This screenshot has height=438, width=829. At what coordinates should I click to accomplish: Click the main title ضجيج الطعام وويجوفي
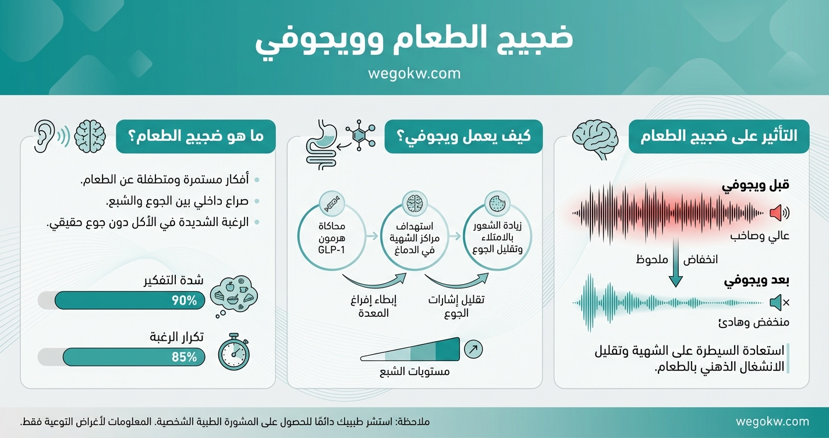coord(414,40)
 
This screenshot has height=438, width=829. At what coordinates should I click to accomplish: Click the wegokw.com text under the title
coord(414,74)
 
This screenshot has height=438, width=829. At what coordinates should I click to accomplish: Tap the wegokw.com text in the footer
coord(772,422)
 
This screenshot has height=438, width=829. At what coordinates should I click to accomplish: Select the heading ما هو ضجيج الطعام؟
coord(196,137)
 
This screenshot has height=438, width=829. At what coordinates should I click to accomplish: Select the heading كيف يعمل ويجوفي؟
coord(463,137)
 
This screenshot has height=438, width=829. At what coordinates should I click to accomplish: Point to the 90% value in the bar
coord(184,301)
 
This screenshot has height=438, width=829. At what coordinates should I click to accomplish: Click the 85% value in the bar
coord(184,357)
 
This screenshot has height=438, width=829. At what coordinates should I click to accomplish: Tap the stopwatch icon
coord(233,351)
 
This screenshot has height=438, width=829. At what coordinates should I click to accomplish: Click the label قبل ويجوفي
coord(756,186)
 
